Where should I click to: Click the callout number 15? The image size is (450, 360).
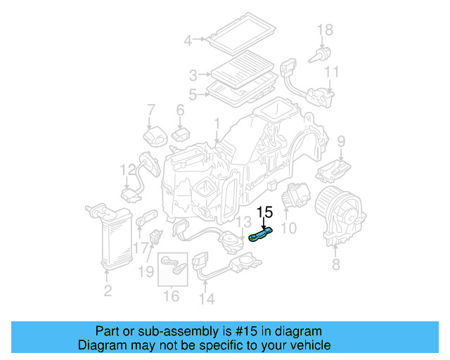pos(264,212)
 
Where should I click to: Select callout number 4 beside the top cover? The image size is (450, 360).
pos(188,41)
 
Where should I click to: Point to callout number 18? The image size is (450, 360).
pos(324,30)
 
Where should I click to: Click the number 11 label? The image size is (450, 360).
pos(332,72)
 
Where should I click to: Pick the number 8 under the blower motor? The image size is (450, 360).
pos(335,264)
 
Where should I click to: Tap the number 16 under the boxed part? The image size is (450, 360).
pos(172,296)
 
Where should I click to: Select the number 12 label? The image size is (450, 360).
pos(127,169)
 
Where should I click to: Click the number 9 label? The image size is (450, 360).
pos(342,142)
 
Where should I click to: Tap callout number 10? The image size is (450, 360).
pos(289,228)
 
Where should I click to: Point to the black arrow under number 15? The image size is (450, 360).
pos(264,224)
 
